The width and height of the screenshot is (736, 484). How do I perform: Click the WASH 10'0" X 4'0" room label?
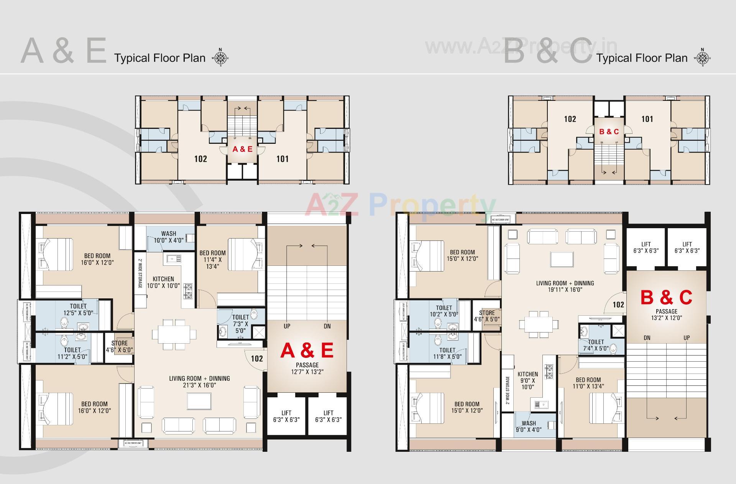coord(169,237)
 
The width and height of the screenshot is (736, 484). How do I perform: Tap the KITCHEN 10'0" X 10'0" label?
coord(163,282)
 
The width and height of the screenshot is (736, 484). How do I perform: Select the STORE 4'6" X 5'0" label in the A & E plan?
coord(119,346)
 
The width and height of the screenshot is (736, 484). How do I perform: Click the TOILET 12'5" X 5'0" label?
coord(78,309)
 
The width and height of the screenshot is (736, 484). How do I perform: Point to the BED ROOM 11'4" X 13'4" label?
coord(212,259)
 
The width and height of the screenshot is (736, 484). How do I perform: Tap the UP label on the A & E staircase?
coord(287,326)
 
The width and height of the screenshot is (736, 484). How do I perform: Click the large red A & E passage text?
coord(307,351)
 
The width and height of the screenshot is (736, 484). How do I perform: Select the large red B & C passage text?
coord(666,298)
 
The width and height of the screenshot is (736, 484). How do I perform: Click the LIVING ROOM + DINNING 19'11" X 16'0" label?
coord(565,286)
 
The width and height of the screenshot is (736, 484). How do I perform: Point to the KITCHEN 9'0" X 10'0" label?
coord(528,380)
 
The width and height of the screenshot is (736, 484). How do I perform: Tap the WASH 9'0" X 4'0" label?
coord(529,426)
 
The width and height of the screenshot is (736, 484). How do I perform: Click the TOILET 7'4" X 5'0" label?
coord(595,345)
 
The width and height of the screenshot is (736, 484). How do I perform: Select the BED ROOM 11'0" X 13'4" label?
coord(588,383)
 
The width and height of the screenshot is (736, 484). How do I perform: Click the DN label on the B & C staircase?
coord(647,338)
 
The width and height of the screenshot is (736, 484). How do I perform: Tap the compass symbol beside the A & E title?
coord(220,58)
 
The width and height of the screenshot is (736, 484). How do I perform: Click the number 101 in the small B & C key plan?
coord(647,119)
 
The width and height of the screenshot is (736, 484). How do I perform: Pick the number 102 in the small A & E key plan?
coord(200,159)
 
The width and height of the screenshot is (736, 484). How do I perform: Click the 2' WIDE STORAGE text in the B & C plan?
coord(508,390)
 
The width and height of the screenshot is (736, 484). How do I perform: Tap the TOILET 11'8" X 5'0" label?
coord(447,353)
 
